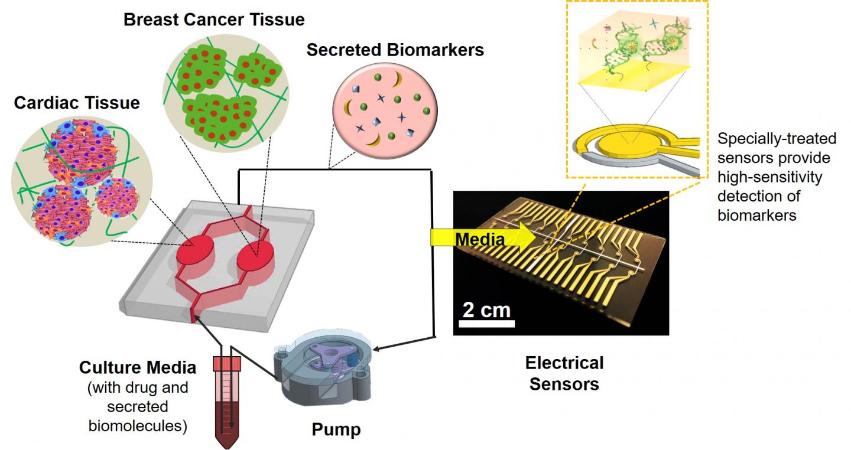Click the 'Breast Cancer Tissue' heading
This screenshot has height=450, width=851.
(214, 19)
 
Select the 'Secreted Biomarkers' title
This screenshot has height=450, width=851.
(395, 50)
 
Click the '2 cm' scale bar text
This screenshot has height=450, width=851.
(486, 309)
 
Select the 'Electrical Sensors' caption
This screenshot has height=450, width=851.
(564, 373)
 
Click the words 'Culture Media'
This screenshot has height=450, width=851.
(137, 368)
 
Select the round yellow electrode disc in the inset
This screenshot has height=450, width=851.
(634, 142)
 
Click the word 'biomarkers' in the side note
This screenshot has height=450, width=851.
(756, 215)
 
